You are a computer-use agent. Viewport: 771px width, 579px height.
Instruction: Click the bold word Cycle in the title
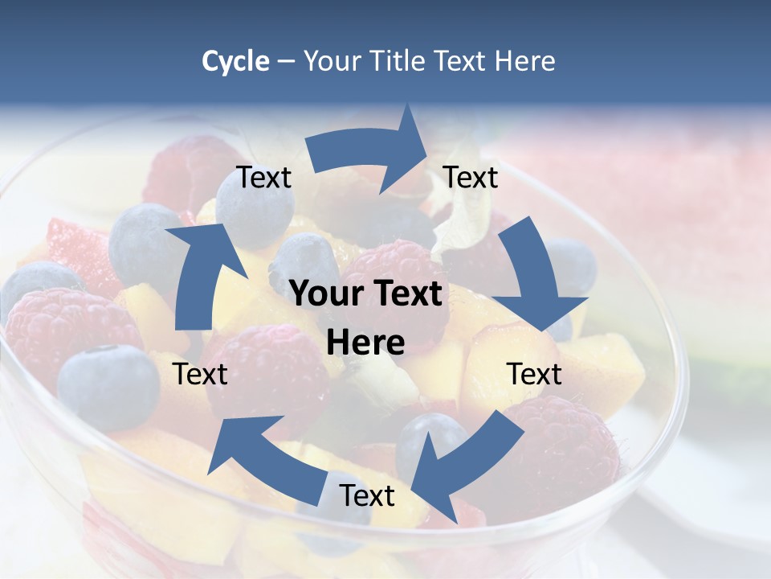pyautogui.click(x=235, y=61)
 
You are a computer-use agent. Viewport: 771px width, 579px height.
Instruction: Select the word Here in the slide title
pyautogui.click(x=524, y=61)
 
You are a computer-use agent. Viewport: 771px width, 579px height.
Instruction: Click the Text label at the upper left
pyautogui.click(x=264, y=178)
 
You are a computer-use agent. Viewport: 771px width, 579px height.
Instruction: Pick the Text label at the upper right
pyautogui.click(x=471, y=178)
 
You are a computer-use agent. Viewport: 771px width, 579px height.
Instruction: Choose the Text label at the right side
pyautogui.click(x=534, y=374)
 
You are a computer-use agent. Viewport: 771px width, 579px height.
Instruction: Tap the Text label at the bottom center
pyautogui.click(x=367, y=496)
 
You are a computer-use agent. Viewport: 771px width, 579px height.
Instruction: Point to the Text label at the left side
pyautogui.click(x=200, y=374)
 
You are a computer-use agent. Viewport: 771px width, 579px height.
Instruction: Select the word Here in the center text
pyautogui.click(x=365, y=343)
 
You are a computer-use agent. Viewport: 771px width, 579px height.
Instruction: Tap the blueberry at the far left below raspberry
pyautogui.click(x=108, y=386)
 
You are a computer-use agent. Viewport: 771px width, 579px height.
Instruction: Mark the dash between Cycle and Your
pyautogui.click(x=286, y=62)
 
